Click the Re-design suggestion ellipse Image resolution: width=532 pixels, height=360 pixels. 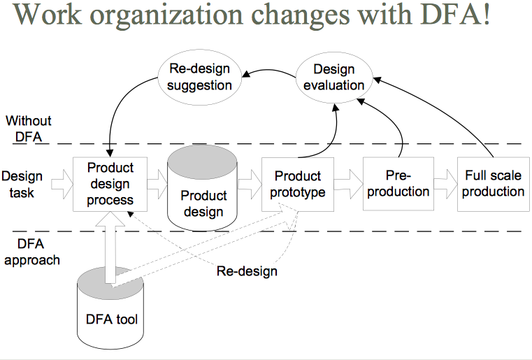201,77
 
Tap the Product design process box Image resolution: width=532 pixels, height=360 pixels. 110,184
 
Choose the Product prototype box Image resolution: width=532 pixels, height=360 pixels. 298,184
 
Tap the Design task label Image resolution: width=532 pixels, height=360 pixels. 22,184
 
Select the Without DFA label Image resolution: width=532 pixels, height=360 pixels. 29,128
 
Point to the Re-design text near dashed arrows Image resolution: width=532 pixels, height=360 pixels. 246,271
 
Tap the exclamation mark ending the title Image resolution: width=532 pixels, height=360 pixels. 485,15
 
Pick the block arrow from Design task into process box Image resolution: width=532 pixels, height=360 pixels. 62,185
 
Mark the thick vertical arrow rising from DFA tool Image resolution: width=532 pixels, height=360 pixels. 110,245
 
